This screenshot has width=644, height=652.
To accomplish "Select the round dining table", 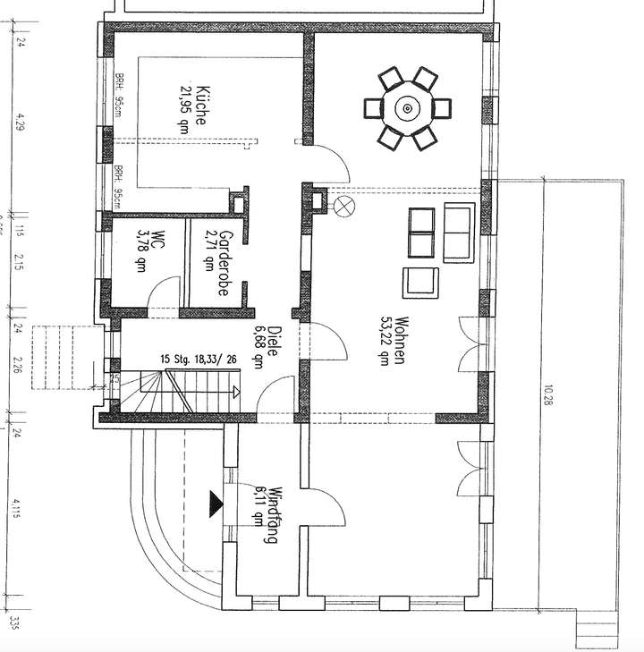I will (407, 109).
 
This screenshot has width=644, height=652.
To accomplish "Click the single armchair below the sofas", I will (420, 282).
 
